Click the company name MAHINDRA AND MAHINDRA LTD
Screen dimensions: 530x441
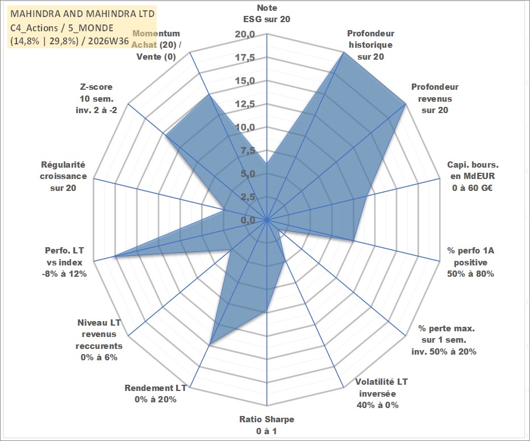point(83,14)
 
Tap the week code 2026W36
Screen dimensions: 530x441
point(109,41)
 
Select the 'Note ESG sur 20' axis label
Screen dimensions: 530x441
point(266,14)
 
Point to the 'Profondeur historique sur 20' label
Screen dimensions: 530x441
point(371,45)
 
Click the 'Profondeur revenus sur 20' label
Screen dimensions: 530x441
point(435,98)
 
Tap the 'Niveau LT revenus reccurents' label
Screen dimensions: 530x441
point(99,340)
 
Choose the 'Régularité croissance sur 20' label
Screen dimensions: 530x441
point(63,176)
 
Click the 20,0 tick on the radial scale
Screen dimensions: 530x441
point(245,34)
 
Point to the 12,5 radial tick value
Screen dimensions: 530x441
point(245,104)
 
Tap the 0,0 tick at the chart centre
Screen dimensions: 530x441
point(248,220)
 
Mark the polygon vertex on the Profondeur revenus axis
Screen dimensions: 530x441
point(405,105)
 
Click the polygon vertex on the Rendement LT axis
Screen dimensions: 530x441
point(210,344)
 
